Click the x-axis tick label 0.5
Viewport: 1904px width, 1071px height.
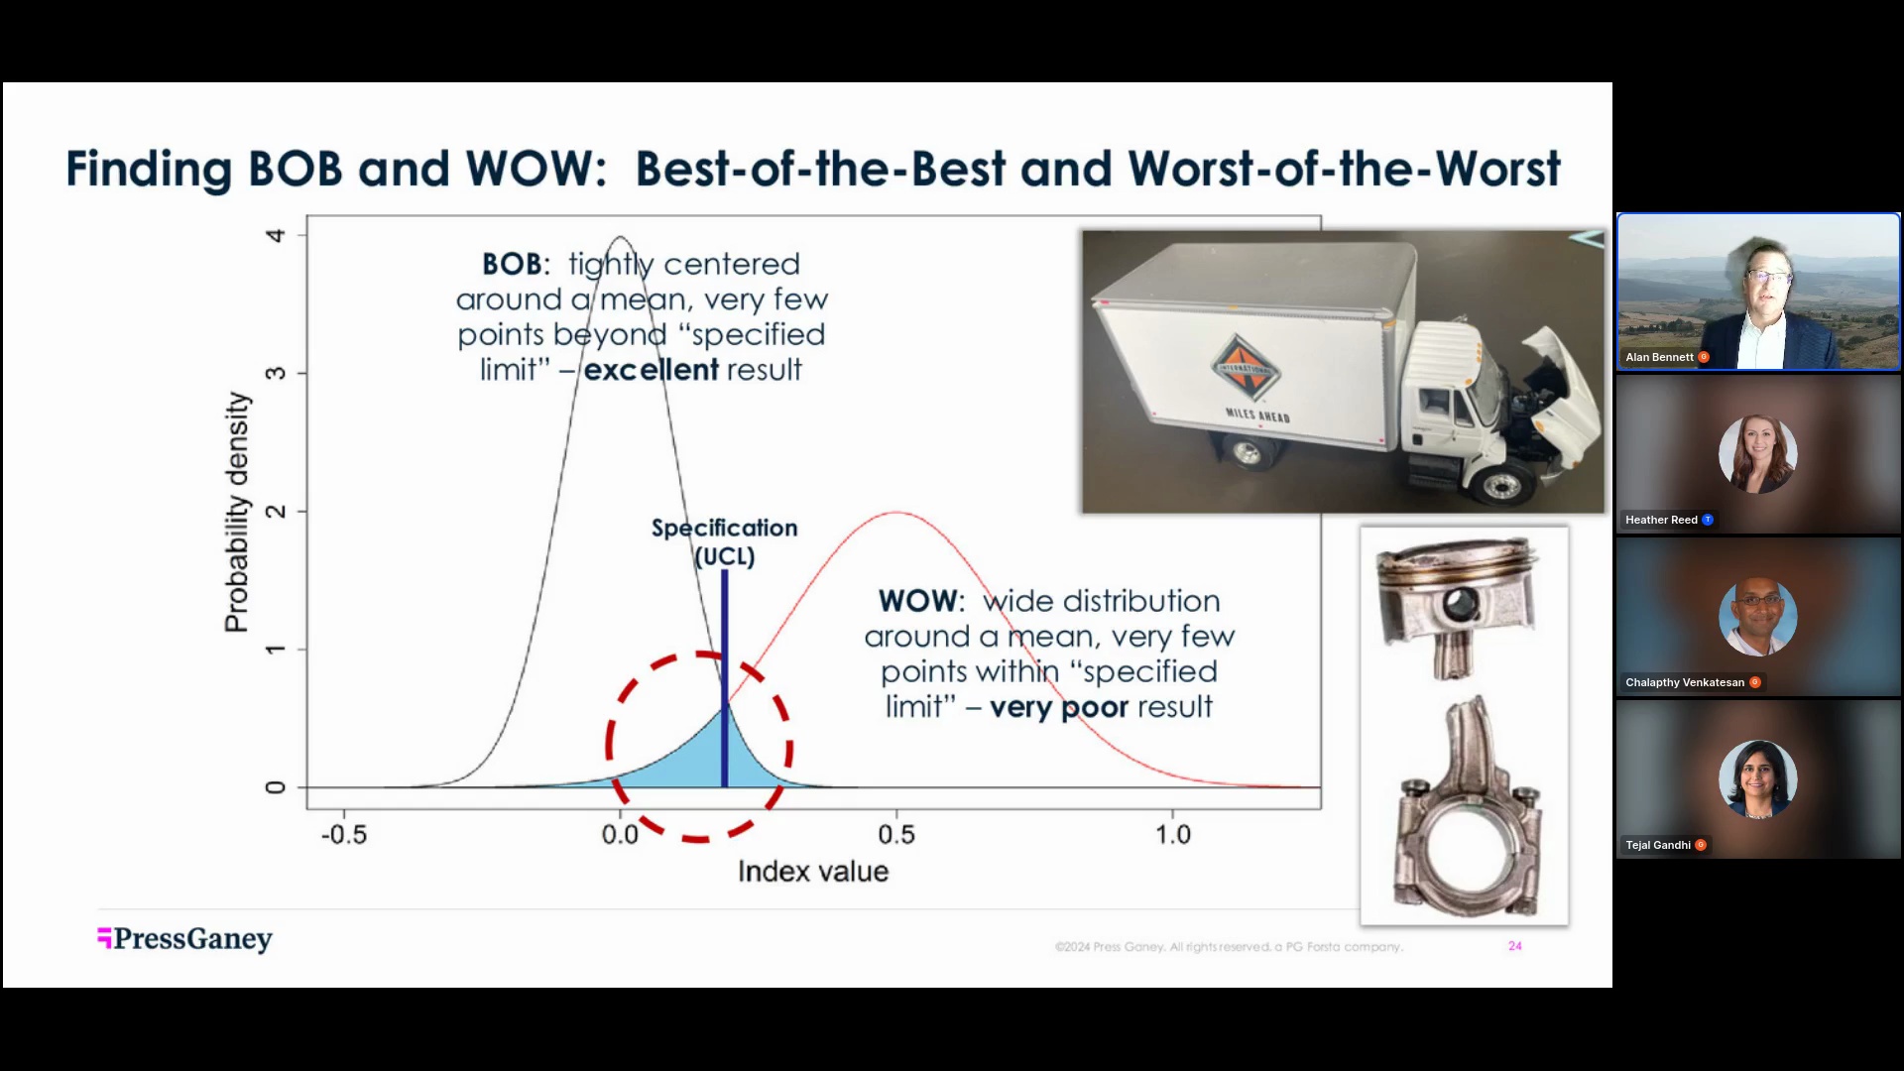pyautogui.click(x=896, y=835)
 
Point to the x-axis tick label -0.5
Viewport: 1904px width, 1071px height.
pyautogui.click(x=343, y=835)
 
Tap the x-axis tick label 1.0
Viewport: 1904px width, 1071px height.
pyautogui.click(x=1173, y=835)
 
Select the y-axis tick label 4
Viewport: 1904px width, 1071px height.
pyautogui.click(x=276, y=236)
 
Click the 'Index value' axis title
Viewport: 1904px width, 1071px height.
pyautogui.click(x=812, y=872)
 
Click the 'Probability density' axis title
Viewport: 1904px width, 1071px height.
pyautogui.click(x=237, y=512)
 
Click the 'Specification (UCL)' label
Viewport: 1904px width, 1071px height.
pyautogui.click(x=725, y=541)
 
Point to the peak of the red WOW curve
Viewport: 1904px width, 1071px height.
pyautogui.click(x=896, y=513)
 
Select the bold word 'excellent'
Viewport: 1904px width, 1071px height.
pyautogui.click(x=651, y=370)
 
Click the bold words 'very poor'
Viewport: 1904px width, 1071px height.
pyautogui.click(x=1058, y=708)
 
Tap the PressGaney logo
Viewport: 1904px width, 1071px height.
pyautogui.click(x=185, y=938)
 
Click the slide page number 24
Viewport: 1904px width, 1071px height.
pyautogui.click(x=1515, y=946)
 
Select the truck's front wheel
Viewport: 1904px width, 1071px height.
pyautogui.click(x=1498, y=486)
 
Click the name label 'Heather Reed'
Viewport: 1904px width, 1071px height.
pyautogui.click(x=1661, y=520)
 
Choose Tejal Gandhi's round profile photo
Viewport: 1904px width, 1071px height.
pyautogui.click(x=1757, y=779)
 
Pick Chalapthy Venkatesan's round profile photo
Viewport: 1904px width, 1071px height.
pyautogui.click(x=1757, y=617)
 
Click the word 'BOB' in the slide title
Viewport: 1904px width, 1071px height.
pyautogui.click(x=296, y=169)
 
